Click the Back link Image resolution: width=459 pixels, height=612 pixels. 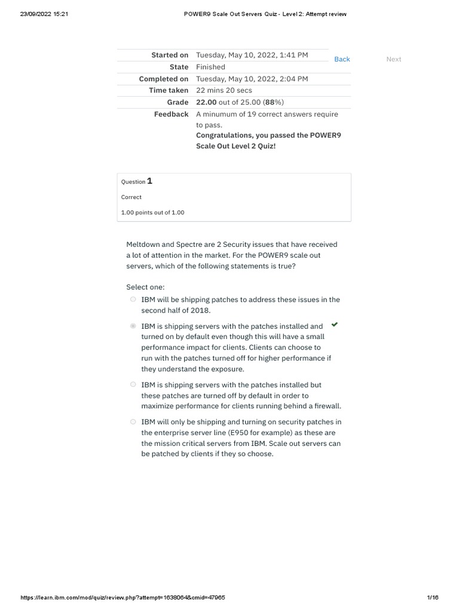(342, 59)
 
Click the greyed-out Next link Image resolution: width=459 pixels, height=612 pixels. (394, 59)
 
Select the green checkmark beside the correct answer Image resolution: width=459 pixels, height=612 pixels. (335, 325)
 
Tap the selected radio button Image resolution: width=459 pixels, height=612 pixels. (133, 326)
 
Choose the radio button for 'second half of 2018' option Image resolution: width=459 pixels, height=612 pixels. (133, 300)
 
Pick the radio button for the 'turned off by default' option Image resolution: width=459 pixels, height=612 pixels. (133, 385)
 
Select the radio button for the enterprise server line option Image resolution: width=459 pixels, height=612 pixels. (133, 422)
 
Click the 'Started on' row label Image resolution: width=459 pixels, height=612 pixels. (170, 55)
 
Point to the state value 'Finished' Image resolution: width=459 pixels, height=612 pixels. (210, 67)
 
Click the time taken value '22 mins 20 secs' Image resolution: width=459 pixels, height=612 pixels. (224, 90)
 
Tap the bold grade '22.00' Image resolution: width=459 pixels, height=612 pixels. (206, 102)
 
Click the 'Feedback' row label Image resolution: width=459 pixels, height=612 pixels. (172, 114)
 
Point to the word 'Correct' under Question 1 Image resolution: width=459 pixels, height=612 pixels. (131, 197)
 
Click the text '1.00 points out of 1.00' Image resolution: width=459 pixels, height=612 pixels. (152, 212)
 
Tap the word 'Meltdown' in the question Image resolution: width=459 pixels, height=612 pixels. (144, 244)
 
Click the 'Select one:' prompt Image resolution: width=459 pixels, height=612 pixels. (145, 287)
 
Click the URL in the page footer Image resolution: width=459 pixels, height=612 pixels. (123, 598)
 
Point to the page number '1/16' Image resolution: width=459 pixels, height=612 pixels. (433, 598)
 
